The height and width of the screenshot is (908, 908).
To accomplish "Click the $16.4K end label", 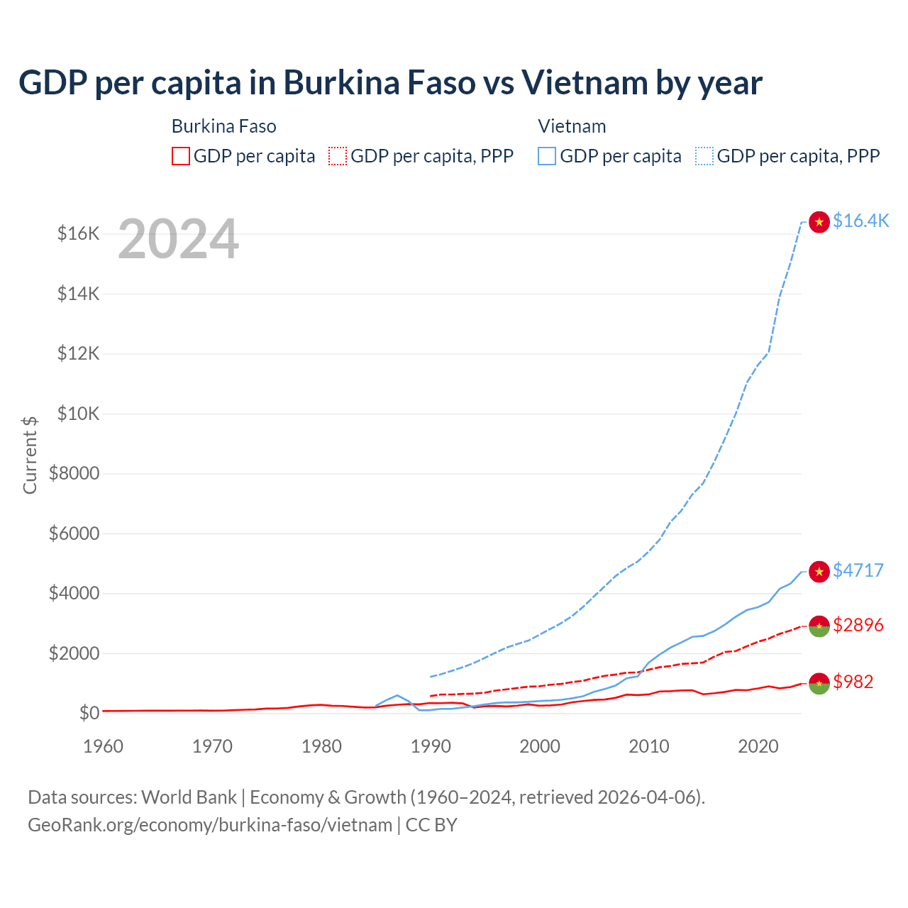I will (860, 221).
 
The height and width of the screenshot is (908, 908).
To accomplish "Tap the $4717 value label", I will (858, 570).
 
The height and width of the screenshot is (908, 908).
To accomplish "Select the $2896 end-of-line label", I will (858, 625).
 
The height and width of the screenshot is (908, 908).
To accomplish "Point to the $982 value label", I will (853, 682).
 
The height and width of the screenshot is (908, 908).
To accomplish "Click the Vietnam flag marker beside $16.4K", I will (819, 222).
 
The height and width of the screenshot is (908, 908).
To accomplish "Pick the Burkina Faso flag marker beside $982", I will (819, 683).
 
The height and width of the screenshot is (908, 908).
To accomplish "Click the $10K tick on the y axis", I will (78, 414).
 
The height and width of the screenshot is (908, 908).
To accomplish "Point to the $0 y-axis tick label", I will (89, 713).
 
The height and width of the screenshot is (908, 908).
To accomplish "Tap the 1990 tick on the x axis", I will (431, 746).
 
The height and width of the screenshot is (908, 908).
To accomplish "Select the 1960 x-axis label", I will (104, 746).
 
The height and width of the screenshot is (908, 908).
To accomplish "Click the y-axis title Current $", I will (30, 455).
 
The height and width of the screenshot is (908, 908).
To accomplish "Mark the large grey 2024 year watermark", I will (178, 240).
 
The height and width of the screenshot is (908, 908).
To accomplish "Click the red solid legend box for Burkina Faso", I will (181, 156).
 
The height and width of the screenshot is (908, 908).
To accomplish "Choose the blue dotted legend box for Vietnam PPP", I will (704, 156).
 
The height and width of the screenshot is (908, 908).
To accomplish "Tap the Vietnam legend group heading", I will (572, 126).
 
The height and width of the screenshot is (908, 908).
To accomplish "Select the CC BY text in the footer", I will (431, 825).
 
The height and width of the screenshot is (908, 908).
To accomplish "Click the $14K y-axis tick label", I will (78, 294).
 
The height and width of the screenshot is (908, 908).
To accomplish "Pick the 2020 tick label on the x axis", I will (758, 746).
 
